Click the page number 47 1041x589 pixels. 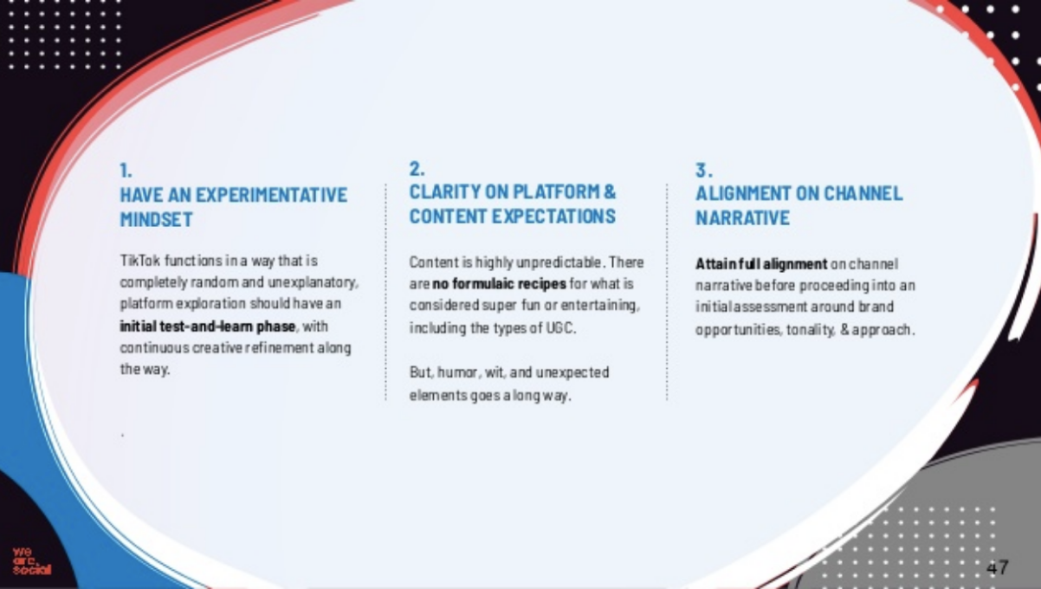(998, 567)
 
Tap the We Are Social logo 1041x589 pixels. (31, 561)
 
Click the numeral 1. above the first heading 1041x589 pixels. (126, 171)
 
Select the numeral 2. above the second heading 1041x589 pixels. (417, 169)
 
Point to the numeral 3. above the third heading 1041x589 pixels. (703, 170)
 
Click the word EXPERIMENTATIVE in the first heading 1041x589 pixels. (271, 195)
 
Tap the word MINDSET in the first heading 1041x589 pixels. (156, 219)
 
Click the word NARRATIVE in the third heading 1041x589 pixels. (742, 218)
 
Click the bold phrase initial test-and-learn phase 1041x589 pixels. (208, 327)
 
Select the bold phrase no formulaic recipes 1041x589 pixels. (500, 283)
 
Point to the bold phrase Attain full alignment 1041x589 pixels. (761, 264)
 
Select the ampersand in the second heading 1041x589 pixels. (611, 192)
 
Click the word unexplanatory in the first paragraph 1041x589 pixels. (314, 282)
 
